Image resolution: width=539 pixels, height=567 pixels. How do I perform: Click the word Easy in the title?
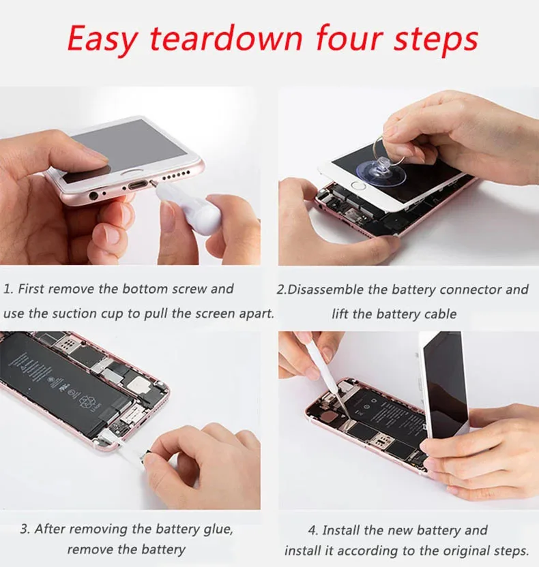[x=104, y=39]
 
